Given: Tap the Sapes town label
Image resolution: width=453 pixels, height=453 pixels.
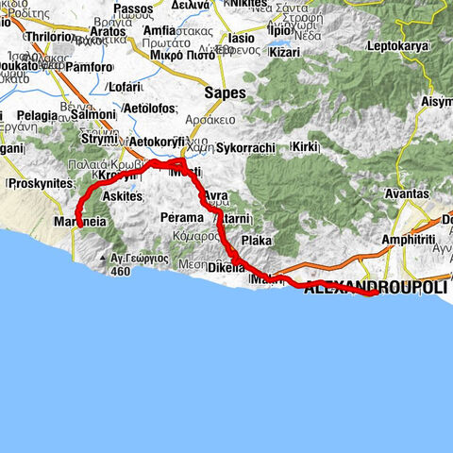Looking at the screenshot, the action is [x=226, y=93].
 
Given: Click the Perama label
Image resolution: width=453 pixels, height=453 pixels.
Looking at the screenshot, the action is [x=182, y=217].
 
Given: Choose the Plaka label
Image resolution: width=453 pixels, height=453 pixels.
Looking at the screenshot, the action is [x=256, y=241].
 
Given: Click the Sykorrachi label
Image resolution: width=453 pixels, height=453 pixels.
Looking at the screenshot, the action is [x=244, y=148].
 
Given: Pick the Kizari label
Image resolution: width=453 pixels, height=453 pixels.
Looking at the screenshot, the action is [x=284, y=53].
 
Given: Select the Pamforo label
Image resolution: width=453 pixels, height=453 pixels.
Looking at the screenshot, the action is [x=89, y=68].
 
